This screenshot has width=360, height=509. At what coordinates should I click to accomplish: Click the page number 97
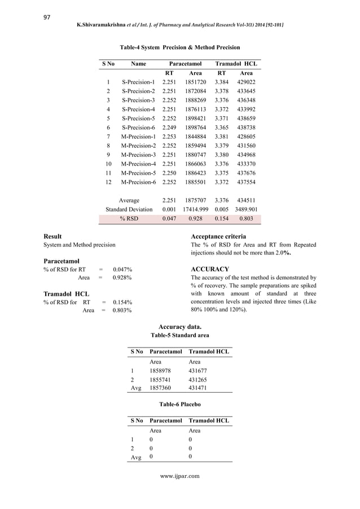click(x=47, y=17)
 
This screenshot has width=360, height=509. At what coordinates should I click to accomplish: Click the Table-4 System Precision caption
click(x=179, y=47)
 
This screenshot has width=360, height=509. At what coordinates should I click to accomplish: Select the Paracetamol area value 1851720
click(x=195, y=82)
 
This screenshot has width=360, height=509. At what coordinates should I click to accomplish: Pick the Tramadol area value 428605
click(x=246, y=137)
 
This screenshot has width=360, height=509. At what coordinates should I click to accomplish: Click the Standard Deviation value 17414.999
click(x=195, y=209)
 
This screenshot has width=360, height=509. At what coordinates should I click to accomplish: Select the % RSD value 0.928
click(x=195, y=219)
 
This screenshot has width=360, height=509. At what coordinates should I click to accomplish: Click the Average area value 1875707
click(x=195, y=200)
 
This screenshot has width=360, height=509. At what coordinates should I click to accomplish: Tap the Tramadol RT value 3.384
click(x=222, y=82)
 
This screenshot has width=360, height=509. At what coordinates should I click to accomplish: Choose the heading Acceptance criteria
click(x=218, y=236)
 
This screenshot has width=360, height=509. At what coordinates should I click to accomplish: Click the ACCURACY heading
click(x=210, y=269)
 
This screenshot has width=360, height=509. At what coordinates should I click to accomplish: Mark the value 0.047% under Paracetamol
click(x=122, y=270)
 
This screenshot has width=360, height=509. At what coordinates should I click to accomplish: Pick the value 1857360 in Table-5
click(x=160, y=388)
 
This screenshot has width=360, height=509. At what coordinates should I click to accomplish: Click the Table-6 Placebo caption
click(x=179, y=405)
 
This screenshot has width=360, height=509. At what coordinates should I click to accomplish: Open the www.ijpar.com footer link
click(x=179, y=476)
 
